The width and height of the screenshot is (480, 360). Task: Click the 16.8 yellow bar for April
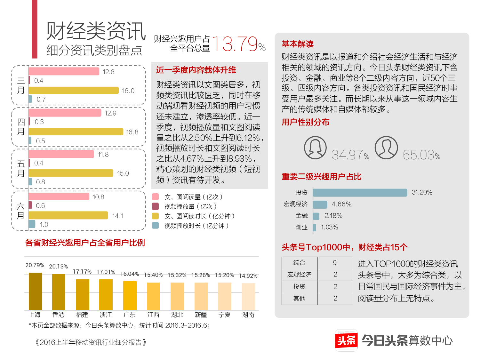pos(76,132)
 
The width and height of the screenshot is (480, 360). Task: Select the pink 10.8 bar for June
pos(59,196)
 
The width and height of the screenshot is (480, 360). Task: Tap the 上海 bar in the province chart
pos(35,291)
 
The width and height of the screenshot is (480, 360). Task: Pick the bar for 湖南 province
pos(248,297)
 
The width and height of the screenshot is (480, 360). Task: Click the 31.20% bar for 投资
pos(360,192)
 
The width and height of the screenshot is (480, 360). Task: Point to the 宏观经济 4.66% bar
pos(320,204)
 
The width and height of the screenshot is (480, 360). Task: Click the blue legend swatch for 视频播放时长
pos(156,226)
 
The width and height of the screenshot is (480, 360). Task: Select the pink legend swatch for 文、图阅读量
pos(156,197)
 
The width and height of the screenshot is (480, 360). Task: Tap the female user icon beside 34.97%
pos(315,148)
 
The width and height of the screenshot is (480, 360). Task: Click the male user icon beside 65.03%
pos(386,148)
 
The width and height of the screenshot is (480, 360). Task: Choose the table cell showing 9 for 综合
pos(335,263)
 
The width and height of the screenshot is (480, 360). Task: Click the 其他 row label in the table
pos(300,299)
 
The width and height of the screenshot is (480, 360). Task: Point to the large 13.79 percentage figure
pos(235,44)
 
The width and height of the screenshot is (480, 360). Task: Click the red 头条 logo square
pos(346,340)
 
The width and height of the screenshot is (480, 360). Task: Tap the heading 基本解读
pos(298,44)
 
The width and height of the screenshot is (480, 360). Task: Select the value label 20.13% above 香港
pos(59,267)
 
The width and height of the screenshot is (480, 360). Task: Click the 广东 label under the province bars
pos(130,315)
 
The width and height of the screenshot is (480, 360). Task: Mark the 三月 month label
pos(21,85)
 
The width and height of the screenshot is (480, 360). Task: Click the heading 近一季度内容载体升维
pos(196,70)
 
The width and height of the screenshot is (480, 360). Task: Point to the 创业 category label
pos(301,228)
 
